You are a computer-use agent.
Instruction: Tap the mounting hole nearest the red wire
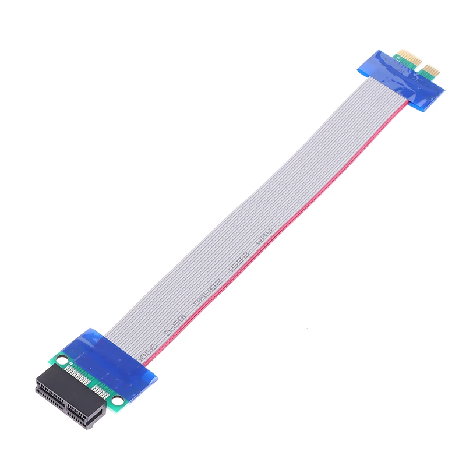pos(118,400)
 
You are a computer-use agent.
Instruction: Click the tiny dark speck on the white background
pos(307,330)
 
